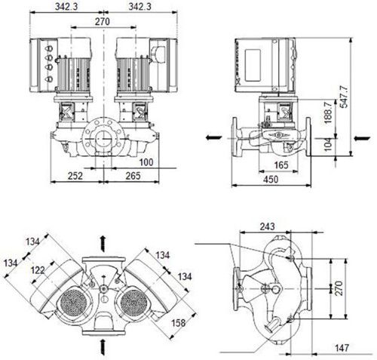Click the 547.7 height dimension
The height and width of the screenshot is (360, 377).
coord(344,97)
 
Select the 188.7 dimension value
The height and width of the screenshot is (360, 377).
coord(328,112)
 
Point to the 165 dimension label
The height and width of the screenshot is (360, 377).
coord(281,165)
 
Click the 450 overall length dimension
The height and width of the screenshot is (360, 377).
coord(271,180)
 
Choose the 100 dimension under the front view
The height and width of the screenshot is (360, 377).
coord(146,162)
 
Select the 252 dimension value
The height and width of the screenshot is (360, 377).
coord(75,176)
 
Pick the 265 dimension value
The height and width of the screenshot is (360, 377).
coord(133,176)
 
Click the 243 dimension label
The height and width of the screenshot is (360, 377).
coord(267,226)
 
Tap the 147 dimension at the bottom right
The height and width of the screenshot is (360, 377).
coord(342,348)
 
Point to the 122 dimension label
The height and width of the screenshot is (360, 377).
coord(38,270)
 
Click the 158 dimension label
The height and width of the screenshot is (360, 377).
coord(178,323)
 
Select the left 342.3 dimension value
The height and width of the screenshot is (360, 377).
coord(66,7)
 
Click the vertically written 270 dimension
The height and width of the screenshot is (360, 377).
coord(339,288)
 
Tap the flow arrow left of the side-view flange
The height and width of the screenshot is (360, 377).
coord(214,137)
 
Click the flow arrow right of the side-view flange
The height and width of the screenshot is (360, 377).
coord(362,138)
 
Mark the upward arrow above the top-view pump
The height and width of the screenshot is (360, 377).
coord(103,244)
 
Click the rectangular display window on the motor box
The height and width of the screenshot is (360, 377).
coord(253,66)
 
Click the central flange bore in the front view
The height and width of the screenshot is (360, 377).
coord(103,138)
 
